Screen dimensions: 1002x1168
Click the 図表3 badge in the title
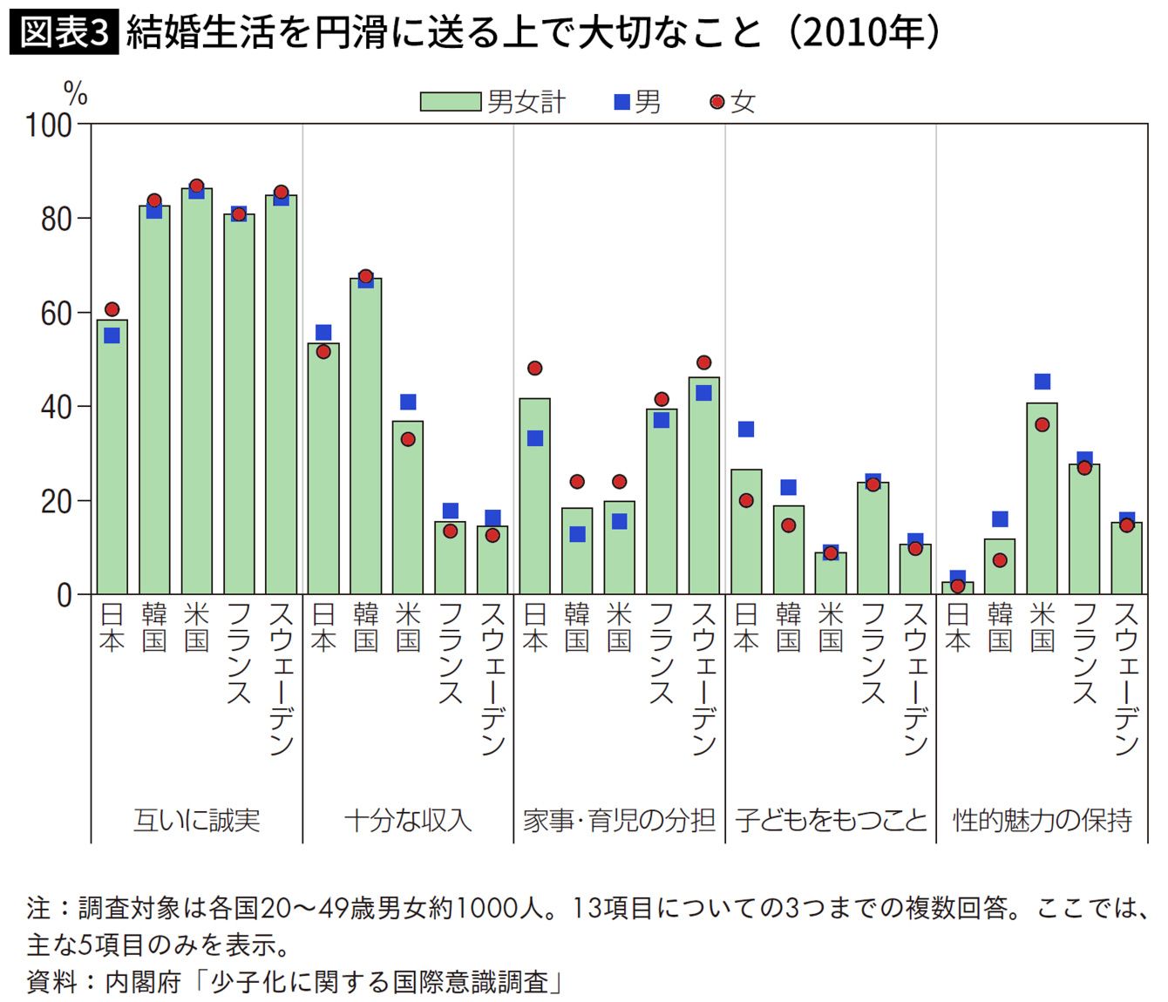[64, 33]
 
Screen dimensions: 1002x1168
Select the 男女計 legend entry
[492, 102]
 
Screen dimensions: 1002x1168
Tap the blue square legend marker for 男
[622, 102]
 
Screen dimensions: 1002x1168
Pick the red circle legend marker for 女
[717, 102]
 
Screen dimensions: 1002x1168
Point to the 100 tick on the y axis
[49, 125]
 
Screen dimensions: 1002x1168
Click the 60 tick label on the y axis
[56, 313]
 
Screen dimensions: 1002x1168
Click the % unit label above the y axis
[76, 92]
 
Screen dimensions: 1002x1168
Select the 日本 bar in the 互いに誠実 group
[112, 457]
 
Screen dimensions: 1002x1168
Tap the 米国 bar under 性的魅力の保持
[1042, 498]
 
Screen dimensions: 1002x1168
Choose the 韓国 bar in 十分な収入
[366, 436]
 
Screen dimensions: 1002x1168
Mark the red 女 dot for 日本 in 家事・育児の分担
[535, 369]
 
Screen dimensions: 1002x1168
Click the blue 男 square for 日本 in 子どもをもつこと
[746, 429]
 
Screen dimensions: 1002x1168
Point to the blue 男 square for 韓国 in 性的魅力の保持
[1000, 519]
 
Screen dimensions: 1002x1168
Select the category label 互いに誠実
[197, 820]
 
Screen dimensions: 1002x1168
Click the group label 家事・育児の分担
[619, 820]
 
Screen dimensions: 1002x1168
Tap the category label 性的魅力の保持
[1042, 820]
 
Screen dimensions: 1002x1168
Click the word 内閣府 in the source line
[143, 982]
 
